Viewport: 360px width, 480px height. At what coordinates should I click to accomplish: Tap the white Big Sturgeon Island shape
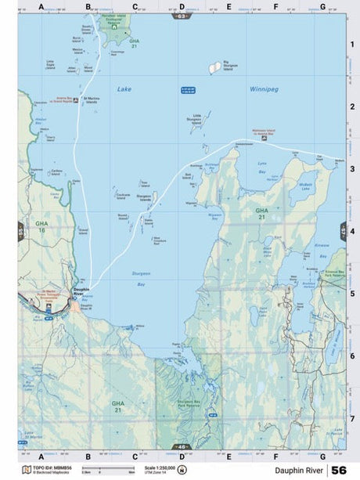(214, 68)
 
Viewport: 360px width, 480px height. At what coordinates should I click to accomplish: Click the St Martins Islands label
(92, 99)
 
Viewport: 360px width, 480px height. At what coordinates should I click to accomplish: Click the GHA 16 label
(42, 226)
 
